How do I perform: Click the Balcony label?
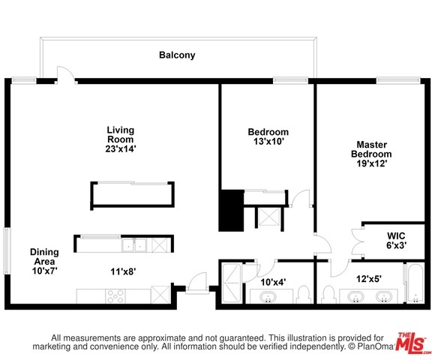177,55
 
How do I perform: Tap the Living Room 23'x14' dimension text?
121,149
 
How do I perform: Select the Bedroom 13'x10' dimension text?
268,142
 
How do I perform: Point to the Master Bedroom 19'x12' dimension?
372,163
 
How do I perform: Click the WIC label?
396,236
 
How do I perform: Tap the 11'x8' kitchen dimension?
123,271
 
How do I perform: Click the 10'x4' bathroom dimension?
273,282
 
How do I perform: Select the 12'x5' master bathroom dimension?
369,279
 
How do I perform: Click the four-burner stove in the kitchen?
115,296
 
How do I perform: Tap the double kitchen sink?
134,245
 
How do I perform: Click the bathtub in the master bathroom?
415,283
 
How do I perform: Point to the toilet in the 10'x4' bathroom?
303,295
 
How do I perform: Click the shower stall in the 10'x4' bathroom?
231,283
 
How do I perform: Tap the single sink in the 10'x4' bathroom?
268,297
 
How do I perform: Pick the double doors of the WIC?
358,241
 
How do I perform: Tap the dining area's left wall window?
7,251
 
